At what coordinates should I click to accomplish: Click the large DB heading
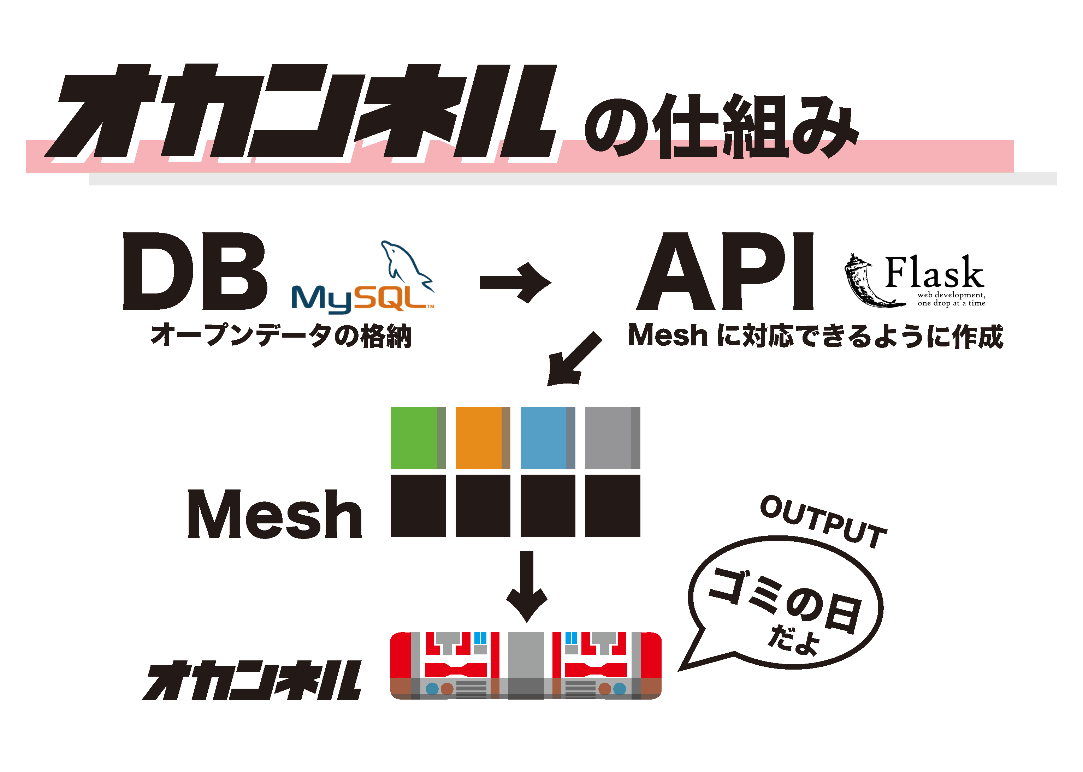[195, 271]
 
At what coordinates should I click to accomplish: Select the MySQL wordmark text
[361, 298]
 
